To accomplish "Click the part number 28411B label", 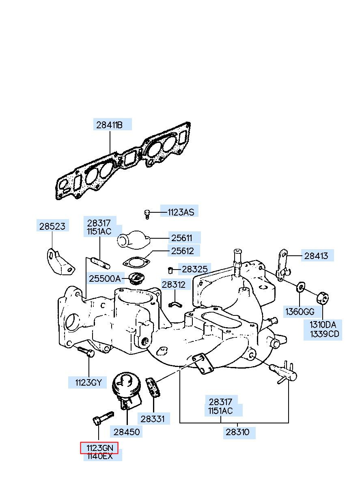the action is tap(109, 125).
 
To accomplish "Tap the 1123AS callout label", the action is tap(181, 212).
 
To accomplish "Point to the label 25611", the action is tap(181, 238).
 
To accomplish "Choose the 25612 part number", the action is tap(182, 251).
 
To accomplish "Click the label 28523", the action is tap(52, 226).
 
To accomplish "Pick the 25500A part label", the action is tap(105, 279).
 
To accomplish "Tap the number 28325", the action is tap(194, 269).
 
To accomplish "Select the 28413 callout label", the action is tap(316, 256).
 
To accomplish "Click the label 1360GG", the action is tap(300, 311).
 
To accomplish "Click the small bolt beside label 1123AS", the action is tap(147, 214).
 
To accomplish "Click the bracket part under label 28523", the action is tap(60, 262).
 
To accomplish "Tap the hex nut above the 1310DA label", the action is tap(322, 298).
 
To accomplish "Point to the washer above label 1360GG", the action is tap(300, 287).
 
